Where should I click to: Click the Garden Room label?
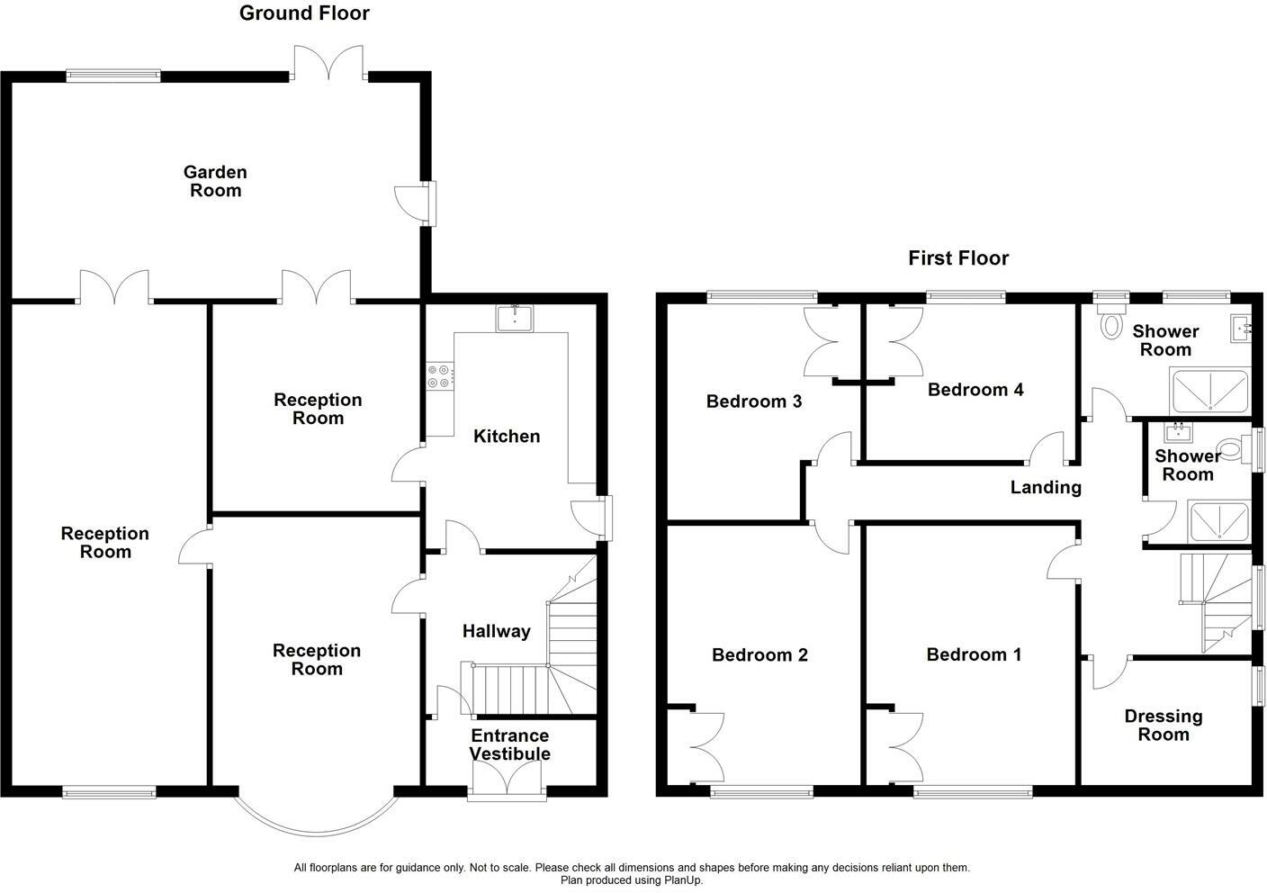coord(215,181)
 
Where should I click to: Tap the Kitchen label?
coord(507,437)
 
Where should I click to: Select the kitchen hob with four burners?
coord(440,375)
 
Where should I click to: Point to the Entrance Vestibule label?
coord(509,744)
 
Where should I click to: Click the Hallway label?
coord(496,632)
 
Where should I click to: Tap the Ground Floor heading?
coord(304,14)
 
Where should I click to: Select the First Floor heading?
coord(958,259)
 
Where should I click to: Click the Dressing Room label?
coord(1163,726)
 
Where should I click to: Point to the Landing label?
coord(1045,488)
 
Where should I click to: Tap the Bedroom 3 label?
coord(753,401)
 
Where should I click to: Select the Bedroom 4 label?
coord(975,390)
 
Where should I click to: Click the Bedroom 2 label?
coord(759,655)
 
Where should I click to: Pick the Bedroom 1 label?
coord(974,654)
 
